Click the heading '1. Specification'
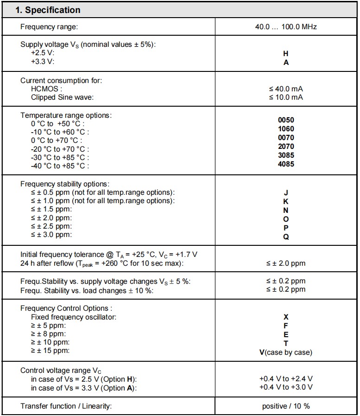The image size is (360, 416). (x=48, y=10)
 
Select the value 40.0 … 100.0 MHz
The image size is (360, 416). (x=285, y=27)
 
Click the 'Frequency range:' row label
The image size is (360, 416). (x=49, y=27)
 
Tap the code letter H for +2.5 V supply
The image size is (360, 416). (x=286, y=53)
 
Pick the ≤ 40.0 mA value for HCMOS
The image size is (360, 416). (x=285, y=89)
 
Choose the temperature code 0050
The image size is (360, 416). (x=286, y=120)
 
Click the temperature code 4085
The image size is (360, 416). (x=286, y=164)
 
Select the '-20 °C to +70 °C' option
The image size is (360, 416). (x=60, y=149)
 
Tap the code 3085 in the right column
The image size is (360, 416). (x=286, y=155)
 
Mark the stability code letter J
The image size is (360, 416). (x=286, y=192)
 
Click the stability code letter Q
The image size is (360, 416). (x=286, y=236)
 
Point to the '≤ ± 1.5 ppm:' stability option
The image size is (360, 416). (x=51, y=209)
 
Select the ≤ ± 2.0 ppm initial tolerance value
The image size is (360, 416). (x=285, y=263)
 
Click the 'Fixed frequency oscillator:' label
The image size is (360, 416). (x=74, y=317)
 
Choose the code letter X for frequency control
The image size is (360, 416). (x=286, y=317)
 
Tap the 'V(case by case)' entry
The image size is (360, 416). (x=285, y=352)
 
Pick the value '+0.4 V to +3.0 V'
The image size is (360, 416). (x=285, y=387)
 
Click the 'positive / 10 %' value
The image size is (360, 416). (x=285, y=406)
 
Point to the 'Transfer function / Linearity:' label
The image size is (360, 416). (x=66, y=406)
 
